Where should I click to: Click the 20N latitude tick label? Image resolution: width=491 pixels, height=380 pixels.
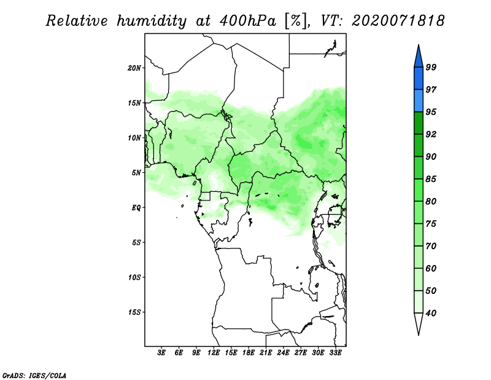click(134, 68)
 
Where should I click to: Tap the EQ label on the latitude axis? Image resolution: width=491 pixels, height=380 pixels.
click(136, 208)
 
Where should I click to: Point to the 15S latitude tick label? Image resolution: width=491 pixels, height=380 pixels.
click(134, 312)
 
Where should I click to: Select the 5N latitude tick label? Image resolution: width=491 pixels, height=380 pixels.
click(136, 173)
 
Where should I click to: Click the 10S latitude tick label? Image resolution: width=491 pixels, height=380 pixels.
click(134, 277)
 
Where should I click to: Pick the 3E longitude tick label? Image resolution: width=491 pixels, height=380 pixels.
click(161, 353)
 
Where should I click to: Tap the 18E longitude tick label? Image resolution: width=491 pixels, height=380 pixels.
click(249, 353)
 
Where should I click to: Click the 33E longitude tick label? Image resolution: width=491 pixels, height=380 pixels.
click(335, 353)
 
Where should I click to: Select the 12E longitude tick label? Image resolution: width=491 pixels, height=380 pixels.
click(214, 353)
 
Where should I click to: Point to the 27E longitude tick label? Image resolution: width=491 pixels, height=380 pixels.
click(301, 353)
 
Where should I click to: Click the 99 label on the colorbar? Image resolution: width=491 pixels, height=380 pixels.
click(431, 67)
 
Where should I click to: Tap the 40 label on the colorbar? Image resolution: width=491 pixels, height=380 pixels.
click(431, 313)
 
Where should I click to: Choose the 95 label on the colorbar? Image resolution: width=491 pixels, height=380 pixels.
click(431, 112)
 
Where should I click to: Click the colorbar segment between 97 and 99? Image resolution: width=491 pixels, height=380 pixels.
click(419, 79)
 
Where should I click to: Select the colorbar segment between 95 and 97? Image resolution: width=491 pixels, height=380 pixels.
click(419, 101)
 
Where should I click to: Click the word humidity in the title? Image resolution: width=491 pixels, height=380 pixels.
click(152, 21)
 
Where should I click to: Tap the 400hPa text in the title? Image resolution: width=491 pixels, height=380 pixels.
click(248, 21)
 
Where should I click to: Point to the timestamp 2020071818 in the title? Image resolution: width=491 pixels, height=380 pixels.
click(398, 21)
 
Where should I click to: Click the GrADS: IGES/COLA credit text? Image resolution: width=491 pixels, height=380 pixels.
click(34, 375)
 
